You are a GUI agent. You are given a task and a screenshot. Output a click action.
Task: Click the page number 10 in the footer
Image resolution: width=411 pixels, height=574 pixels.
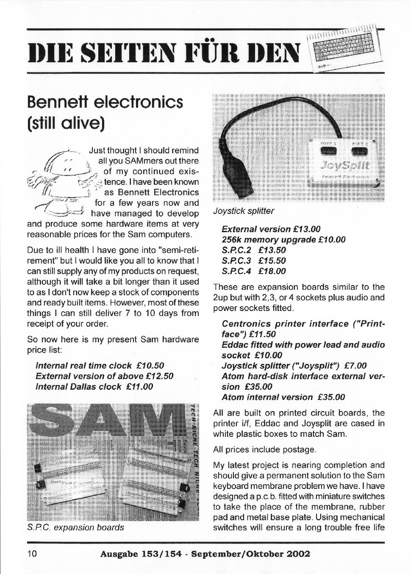click(33, 553)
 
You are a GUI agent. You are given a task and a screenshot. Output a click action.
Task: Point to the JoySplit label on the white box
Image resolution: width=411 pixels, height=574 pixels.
click(345, 164)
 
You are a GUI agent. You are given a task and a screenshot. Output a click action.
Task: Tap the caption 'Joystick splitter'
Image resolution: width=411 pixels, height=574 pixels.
click(244, 211)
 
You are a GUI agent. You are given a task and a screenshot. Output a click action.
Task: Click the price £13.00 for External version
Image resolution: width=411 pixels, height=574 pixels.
click(306, 229)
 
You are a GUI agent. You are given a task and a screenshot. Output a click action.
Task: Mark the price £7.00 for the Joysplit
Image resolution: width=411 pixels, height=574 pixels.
click(355, 366)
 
